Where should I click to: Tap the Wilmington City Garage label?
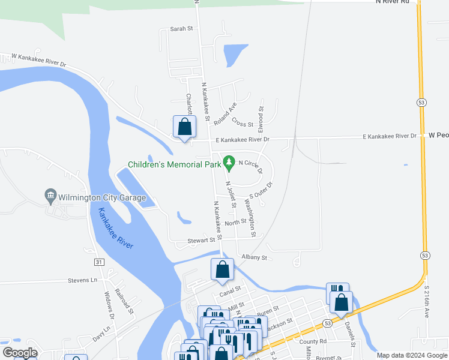click(95, 196)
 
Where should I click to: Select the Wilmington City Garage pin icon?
click(50, 196)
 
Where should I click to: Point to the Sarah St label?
click(181, 29)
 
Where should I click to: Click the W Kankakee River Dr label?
click(37, 60)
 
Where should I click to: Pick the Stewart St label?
click(200, 240)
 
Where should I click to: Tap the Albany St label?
click(253, 257)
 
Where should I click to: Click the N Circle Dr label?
click(251, 165)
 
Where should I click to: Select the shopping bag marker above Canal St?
click(222, 270)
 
